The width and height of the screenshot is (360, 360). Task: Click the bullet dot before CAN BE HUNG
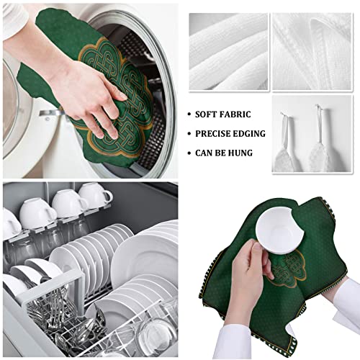coord(189,153)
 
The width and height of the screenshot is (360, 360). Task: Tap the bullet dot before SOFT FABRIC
coord(189,114)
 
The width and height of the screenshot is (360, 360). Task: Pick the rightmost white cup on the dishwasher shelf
coord(94,195)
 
